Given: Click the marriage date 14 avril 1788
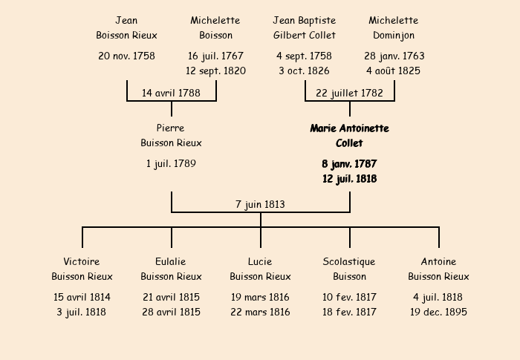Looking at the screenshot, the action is [171, 93].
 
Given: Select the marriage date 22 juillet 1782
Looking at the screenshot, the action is [350, 93].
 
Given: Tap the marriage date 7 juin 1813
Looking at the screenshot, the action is [260, 205].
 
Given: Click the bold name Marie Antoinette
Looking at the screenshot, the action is [350, 128].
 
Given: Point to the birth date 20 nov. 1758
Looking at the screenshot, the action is [127, 56].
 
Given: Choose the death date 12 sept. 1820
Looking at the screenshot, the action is [216, 71].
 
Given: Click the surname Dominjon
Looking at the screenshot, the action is [394, 36].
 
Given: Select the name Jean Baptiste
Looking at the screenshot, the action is [305, 21].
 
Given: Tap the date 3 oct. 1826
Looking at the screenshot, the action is [305, 71].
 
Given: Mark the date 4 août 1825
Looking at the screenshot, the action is [394, 71].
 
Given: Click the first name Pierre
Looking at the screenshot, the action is [170, 128].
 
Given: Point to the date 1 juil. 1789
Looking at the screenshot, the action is [171, 164].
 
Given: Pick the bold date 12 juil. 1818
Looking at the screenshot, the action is [350, 179].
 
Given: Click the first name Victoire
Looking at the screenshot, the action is [82, 261].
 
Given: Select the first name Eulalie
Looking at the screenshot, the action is [171, 261].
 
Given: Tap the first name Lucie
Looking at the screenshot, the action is [260, 261].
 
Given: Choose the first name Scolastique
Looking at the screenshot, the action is [349, 262].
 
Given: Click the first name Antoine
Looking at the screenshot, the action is [439, 261].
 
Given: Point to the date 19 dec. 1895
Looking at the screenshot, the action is [439, 312].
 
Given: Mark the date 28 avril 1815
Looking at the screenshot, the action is [171, 312].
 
